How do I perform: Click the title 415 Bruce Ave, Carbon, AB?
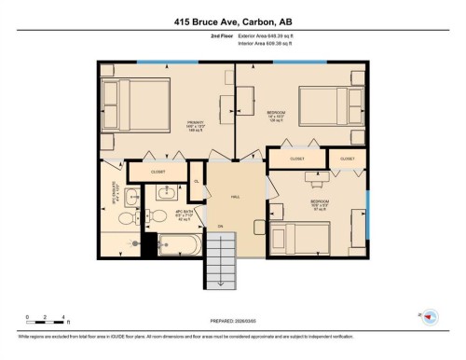point(232,19)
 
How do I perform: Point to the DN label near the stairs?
point(221,227)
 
